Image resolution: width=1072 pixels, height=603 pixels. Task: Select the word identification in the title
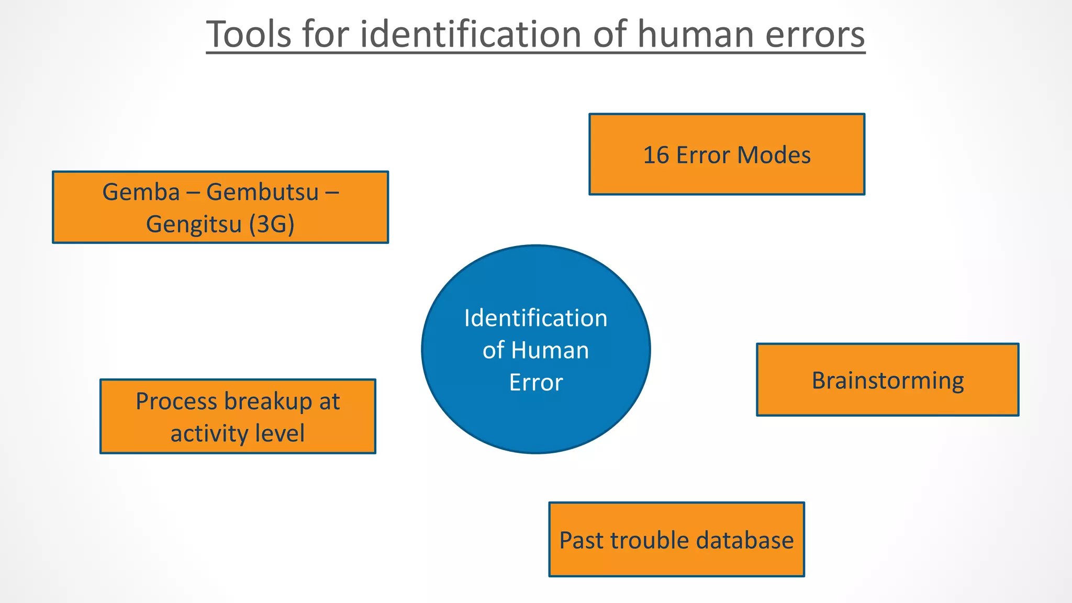471,34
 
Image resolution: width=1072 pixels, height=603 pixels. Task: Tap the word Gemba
141,192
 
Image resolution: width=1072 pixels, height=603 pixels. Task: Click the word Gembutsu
262,192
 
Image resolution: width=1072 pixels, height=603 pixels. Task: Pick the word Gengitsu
193,224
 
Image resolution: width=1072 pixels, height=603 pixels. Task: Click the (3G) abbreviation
271,224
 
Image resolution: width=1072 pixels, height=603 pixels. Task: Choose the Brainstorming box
887,380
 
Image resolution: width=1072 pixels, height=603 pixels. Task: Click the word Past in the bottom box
581,540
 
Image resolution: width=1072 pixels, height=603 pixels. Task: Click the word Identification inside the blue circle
535,318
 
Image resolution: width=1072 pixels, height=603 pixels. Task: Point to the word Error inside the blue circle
535,382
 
